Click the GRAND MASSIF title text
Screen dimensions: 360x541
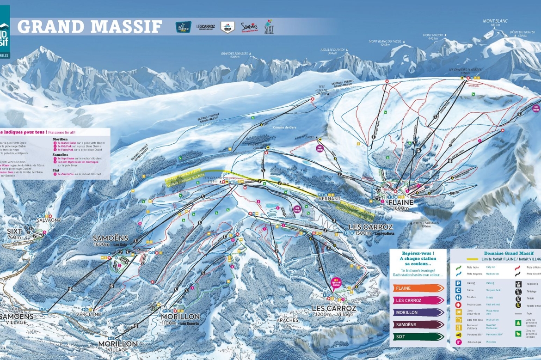point(90,26)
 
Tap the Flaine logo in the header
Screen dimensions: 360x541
point(184,27)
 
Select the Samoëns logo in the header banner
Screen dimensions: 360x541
point(249,27)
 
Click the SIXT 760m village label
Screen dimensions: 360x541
point(14,233)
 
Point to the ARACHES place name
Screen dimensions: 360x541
point(287,319)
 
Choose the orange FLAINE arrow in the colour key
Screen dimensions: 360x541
point(418,288)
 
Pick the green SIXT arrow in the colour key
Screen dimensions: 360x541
point(418,337)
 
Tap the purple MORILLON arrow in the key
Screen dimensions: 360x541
point(418,312)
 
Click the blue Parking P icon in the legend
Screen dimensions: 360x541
point(458,283)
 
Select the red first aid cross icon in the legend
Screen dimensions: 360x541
point(458,305)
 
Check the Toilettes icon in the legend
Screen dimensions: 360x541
point(458,298)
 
